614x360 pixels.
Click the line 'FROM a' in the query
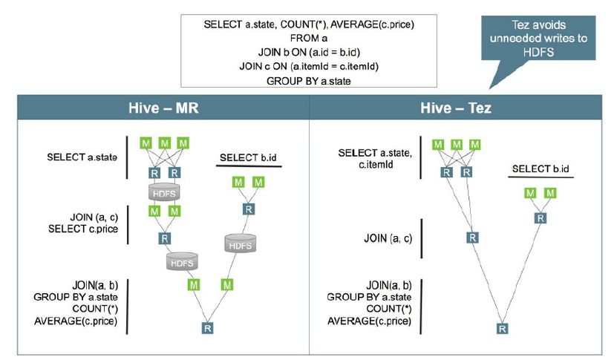[308, 38]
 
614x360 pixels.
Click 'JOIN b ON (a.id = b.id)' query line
[308, 52]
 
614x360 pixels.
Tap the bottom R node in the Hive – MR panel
[206, 327]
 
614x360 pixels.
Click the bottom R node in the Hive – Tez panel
[503, 328]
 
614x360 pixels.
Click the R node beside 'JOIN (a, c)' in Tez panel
[471, 238]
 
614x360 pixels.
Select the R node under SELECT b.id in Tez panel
[540, 218]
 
